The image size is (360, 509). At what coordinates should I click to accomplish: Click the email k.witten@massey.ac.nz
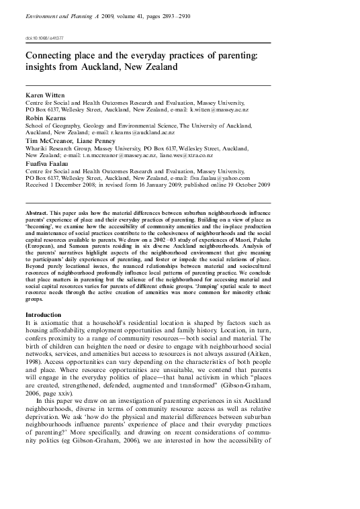point(219,109)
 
